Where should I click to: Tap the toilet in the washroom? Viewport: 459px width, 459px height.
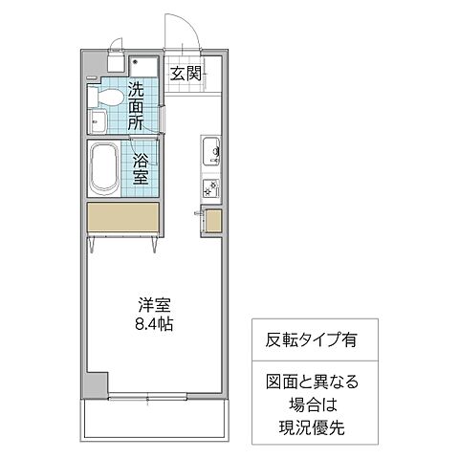(108, 97)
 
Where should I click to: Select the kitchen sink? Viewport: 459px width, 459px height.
(211, 151)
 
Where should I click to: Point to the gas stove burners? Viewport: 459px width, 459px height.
(210, 186)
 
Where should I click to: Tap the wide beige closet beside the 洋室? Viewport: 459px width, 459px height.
(122, 218)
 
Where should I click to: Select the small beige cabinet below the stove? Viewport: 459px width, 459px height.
(213, 221)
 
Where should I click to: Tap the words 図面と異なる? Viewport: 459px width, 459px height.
(308, 382)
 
